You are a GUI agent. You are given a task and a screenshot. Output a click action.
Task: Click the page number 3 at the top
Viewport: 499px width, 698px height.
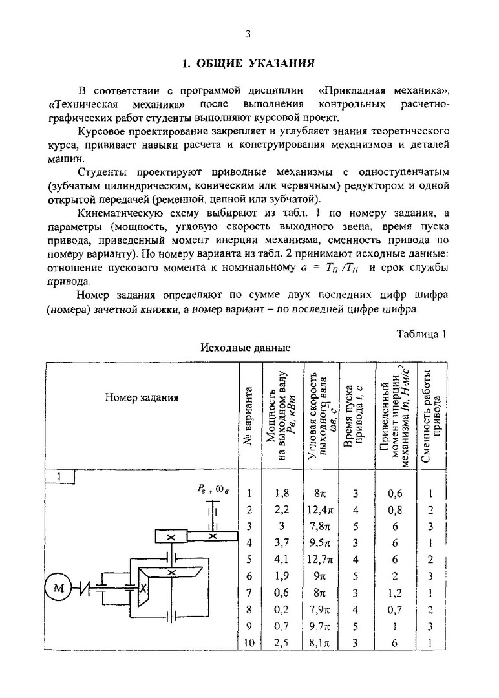tap(248, 35)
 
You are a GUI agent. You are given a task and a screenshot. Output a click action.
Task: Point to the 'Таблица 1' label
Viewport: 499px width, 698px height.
tap(420, 334)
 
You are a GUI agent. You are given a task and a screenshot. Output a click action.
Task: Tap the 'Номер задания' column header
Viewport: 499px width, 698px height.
tap(142, 397)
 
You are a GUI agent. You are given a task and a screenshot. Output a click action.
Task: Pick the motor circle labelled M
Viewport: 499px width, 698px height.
tap(59, 587)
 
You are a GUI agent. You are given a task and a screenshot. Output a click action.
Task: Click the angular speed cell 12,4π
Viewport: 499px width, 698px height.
tap(321, 509)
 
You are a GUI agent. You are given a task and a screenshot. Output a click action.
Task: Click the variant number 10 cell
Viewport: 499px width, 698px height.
tap(249, 642)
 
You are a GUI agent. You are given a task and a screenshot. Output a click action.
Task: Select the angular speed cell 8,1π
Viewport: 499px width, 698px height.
tap(321, 642)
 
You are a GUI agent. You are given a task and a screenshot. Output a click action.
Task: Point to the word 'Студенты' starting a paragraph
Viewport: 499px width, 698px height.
tap(103, 173)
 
